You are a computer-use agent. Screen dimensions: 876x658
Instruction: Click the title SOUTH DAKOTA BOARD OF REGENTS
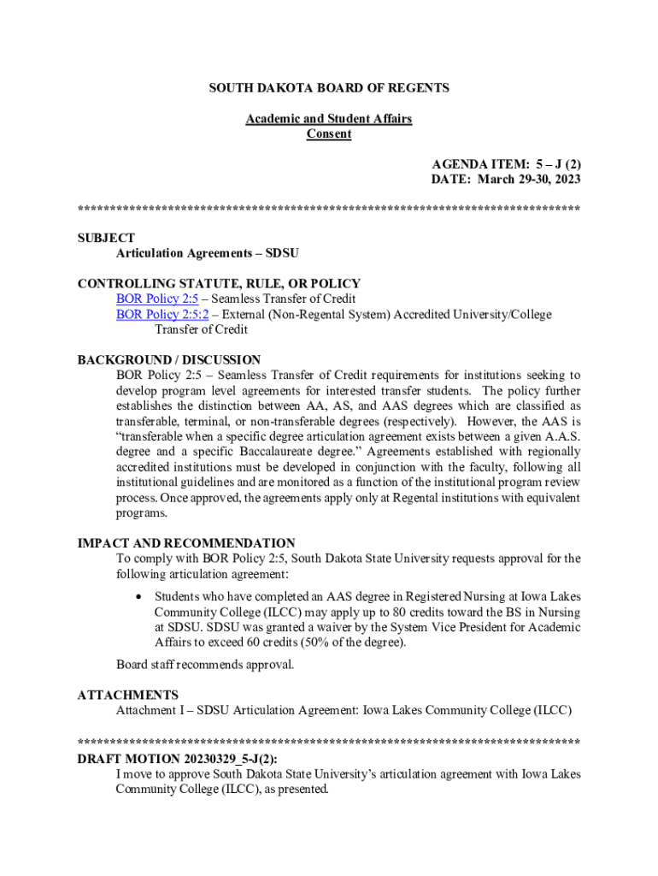click(329, 88)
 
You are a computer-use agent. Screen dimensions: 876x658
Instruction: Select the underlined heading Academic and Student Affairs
click(329, 119)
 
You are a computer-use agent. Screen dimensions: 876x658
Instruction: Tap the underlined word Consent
click(329, 134)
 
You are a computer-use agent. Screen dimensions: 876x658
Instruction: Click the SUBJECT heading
click(106, 238)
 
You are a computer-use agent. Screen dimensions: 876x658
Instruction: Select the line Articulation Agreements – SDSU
click(207, 253)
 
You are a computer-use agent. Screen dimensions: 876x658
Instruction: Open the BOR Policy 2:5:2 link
click(162, 314)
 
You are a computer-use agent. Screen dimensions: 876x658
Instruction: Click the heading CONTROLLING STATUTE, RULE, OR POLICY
click(219, 283)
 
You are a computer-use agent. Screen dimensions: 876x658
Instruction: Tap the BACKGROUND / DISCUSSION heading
click(169, 360)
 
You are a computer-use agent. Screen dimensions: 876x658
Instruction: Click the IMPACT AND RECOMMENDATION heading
click(186, 543)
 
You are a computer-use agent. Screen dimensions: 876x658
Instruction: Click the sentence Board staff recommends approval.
click(205, 665)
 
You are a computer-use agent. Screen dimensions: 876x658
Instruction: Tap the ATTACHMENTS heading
click(128, 695)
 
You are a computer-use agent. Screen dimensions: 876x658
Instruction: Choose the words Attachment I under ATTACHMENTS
click(149, 710)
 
